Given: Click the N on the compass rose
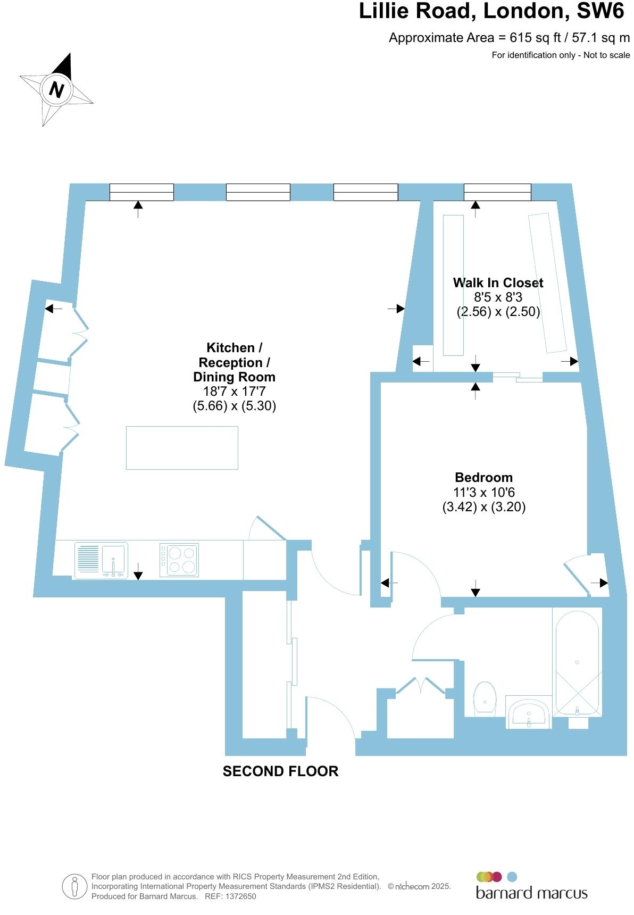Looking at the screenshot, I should pyautogui.click(x=56, y=89).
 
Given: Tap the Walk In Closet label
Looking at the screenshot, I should pyautogui.click(x=498, y=282).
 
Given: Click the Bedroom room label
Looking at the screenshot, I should pyautogui.click(x=483, y=477).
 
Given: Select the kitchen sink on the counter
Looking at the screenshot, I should pyautogui.click(x=101, y=560).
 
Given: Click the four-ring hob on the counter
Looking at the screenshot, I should pyautogui.click(x=179, y=560).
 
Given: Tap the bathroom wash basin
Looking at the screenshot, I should pyautogui.click(x=528, y=713).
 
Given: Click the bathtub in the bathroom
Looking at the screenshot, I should pyautogui.click(x=577, y=662).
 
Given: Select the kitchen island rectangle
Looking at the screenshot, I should pyautogui.click(x=182, y=447).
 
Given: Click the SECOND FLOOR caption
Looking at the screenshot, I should pyautogui.click(x=280, y=771).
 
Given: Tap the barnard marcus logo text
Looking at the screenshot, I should pyautogui.click(x=531, y=892).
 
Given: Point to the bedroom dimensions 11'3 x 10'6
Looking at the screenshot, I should pyautogui.click(x=483, y=492).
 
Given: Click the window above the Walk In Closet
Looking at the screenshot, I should pyautogui.click(x=497, y=192).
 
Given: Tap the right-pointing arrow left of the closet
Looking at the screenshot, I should pyautogui.click(x=396, y=309).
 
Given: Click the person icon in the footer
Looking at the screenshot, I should pyautogui.click(x=74, y=886).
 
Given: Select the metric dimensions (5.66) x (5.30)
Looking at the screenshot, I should pyautogui.click(x=234, y=406).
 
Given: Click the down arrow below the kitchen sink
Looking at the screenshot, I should pyautogui.click(x=138, y=572).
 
